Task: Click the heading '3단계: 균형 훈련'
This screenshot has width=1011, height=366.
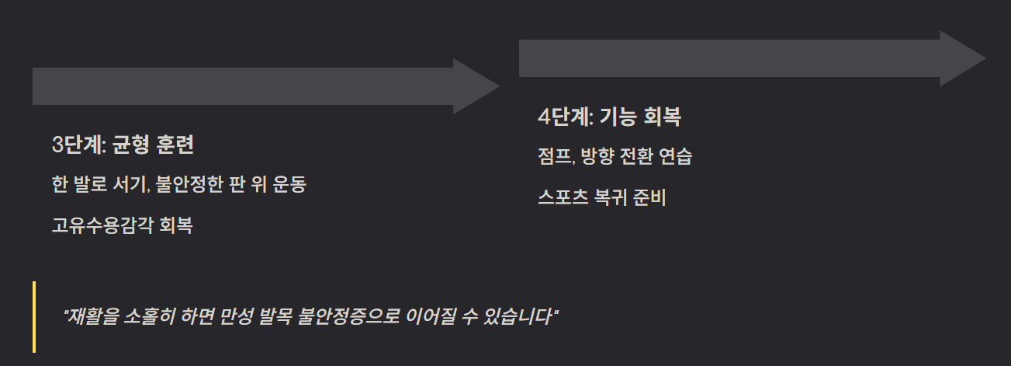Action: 123,145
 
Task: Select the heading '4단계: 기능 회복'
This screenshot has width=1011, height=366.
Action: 609,117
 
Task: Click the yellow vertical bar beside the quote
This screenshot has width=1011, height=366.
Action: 34,317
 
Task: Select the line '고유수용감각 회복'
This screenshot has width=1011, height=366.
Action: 123,226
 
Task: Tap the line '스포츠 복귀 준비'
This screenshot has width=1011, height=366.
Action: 601,198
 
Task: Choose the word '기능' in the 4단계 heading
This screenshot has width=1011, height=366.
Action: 618,117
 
